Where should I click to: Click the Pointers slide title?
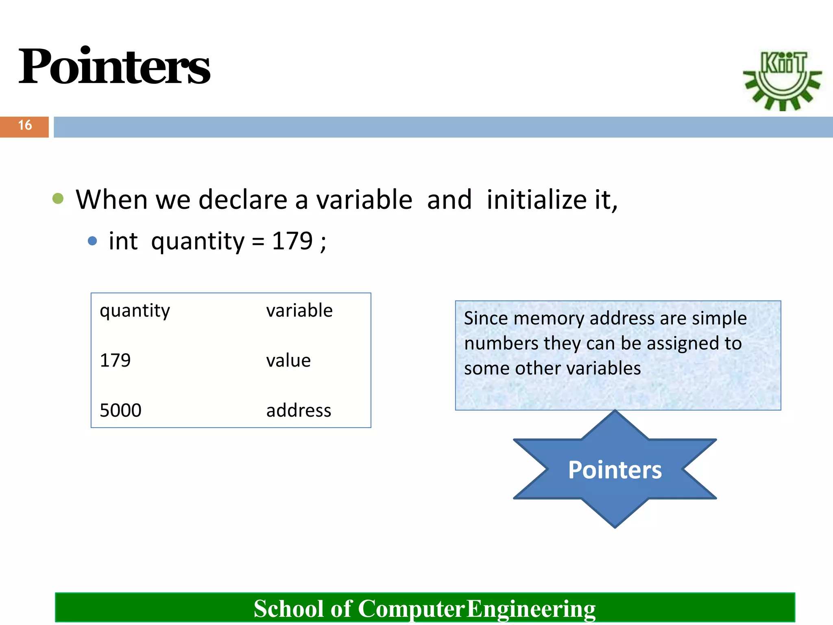[114, 66]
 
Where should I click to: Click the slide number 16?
[25, 125]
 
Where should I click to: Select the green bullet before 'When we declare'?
[58, 199]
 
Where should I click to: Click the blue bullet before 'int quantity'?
[92, 241]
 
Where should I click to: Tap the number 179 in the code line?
[292, 241]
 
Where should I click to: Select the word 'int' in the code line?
[123, 241]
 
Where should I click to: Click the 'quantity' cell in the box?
[135, 311]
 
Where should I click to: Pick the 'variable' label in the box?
[299, 310]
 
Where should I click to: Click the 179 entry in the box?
[115, 361]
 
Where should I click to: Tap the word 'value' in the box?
[288, 361]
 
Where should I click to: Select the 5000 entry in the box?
[120, 410]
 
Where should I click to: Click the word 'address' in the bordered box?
[299, 410]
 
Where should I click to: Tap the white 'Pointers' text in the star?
[615, 470]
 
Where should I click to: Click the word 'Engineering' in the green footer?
[530, 609]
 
